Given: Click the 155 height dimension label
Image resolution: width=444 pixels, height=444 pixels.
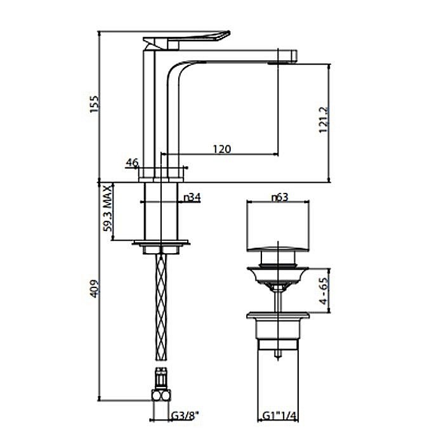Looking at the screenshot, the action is point(95,104).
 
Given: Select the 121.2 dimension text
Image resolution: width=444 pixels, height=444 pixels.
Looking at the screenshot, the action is point(323,119).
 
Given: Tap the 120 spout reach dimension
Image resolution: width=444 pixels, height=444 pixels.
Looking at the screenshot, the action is point(222,148).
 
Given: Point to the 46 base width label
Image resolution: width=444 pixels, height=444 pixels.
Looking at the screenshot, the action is point(132,162).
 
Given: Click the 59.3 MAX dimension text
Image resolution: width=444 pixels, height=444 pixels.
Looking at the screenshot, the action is point(108,209).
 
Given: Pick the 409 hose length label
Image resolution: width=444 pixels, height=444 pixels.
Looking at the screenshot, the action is point(95,289).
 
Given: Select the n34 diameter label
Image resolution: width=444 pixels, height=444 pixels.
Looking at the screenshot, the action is point(192,198).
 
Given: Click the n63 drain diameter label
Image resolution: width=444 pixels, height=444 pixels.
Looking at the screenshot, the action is point(280,197).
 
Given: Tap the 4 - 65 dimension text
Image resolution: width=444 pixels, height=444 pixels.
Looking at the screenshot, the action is point(323,291).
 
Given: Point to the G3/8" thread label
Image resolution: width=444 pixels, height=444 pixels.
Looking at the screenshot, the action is point(185,416).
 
